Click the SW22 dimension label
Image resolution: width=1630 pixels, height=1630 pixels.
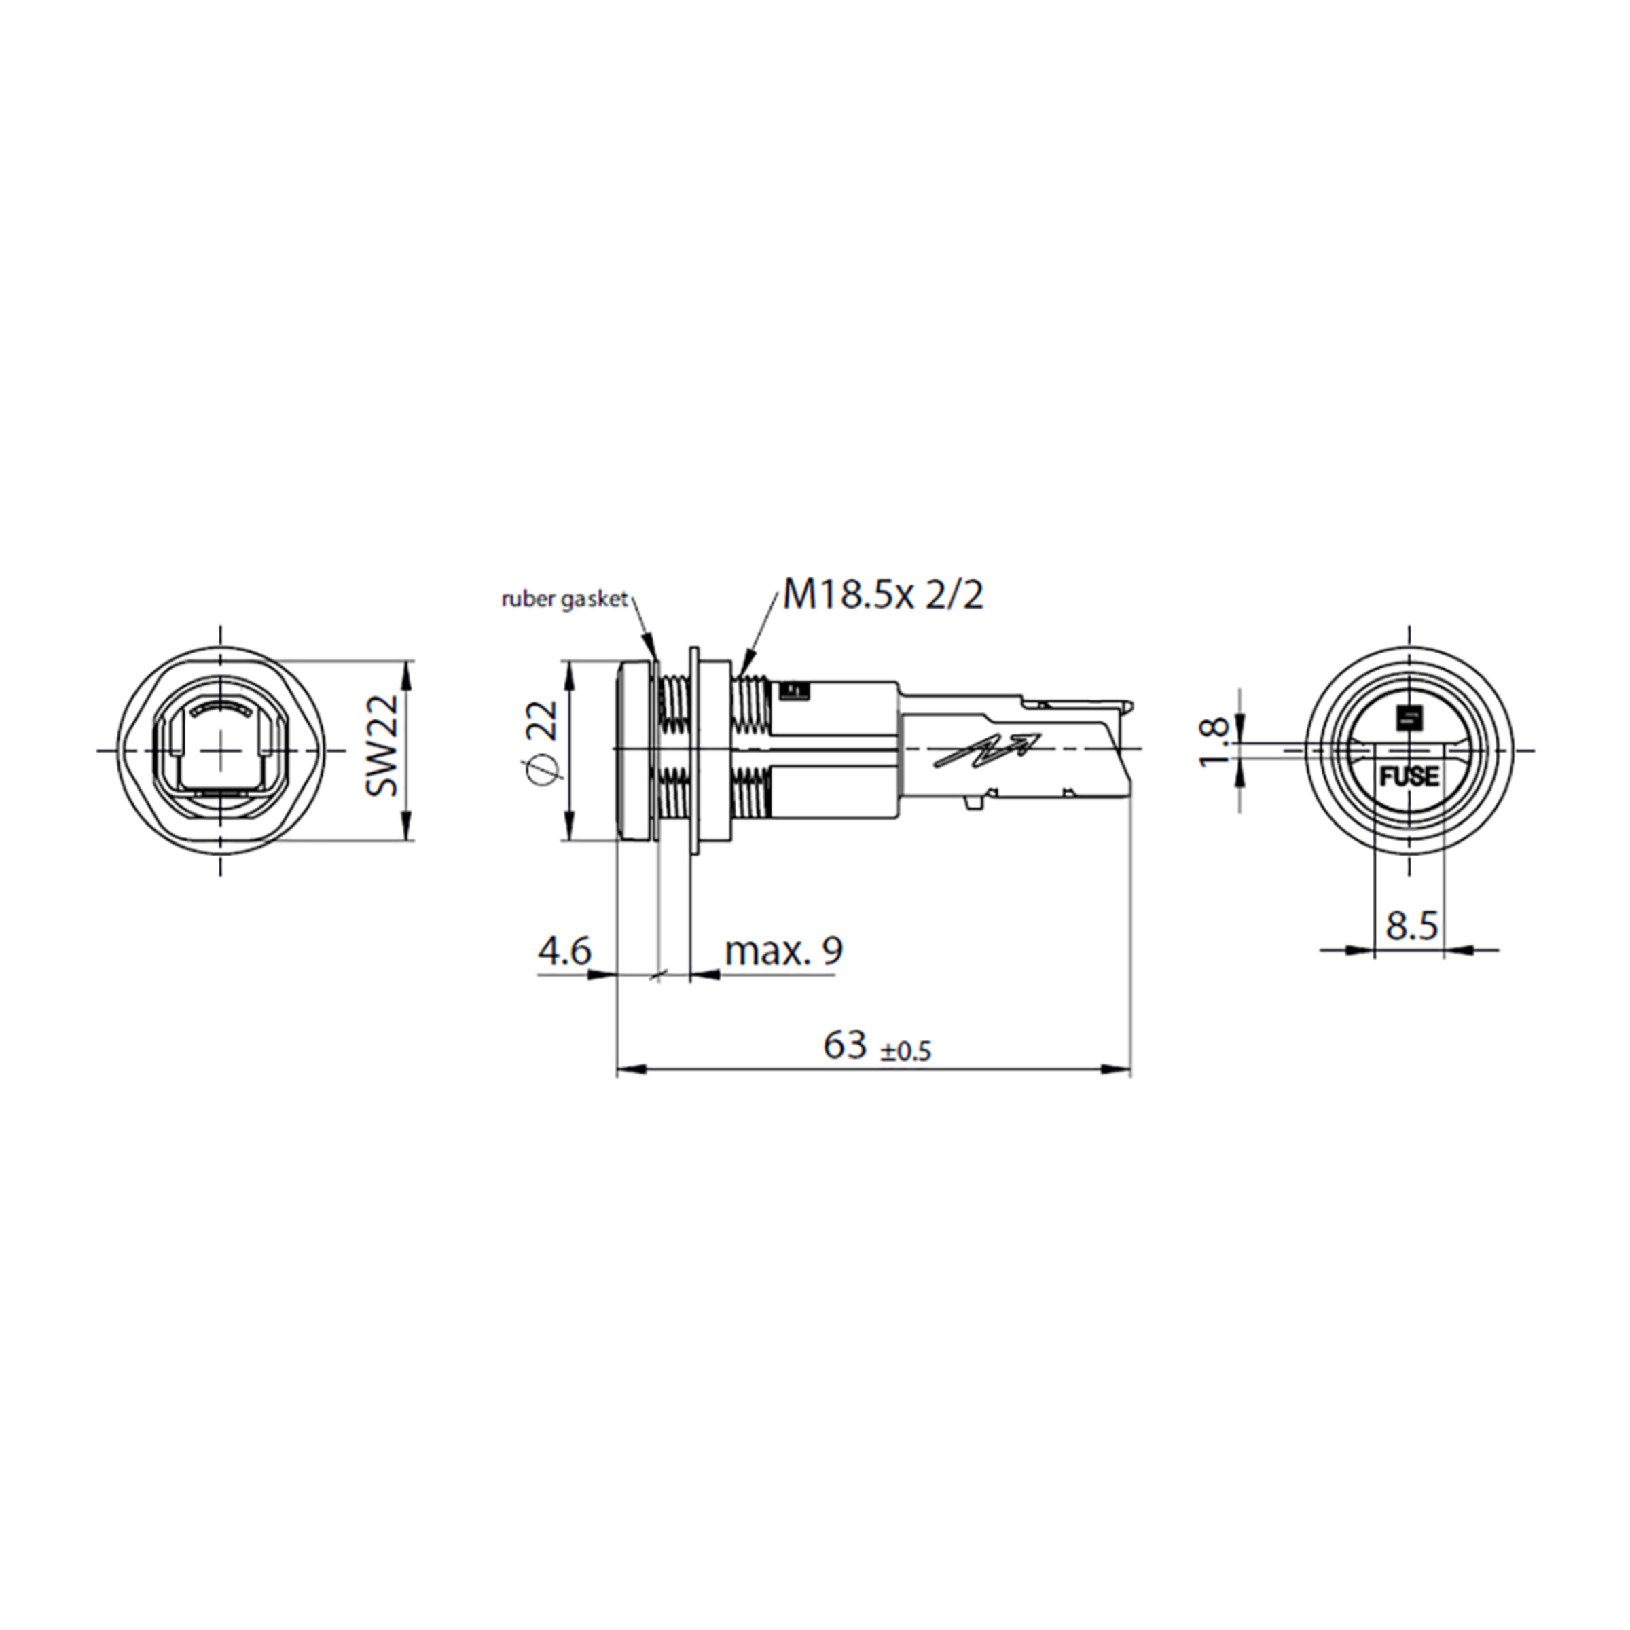pyautogui.click(x=382, y=745)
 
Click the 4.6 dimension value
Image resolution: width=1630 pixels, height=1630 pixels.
pyautogui.click(x=565, y=951)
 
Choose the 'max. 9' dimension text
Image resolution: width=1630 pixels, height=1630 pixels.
pyautogui.click(x=784, y=951)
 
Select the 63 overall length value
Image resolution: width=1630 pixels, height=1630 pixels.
pyautogui.click(x=846, y=1045)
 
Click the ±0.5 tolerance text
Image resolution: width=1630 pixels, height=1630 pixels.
pyautogui.click(x=906, y=1051)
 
